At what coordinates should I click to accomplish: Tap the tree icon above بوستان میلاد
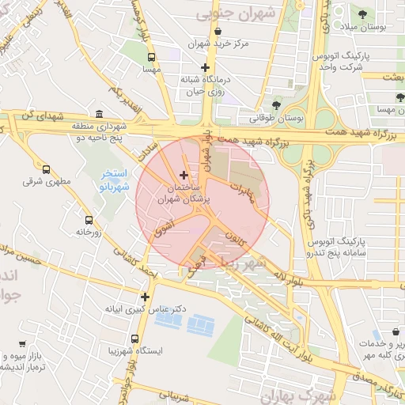362,14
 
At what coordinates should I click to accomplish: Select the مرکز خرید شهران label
219,44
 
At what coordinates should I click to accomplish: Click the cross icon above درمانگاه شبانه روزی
205,68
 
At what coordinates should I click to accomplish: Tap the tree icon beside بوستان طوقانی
276,105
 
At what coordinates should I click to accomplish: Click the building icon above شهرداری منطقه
99,114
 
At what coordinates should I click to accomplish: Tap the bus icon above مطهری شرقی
46,169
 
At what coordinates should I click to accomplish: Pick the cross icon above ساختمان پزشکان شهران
184,175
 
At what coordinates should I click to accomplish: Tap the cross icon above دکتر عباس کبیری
145,297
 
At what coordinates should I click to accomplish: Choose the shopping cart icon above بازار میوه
21,344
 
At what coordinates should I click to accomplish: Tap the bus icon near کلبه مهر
393,332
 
